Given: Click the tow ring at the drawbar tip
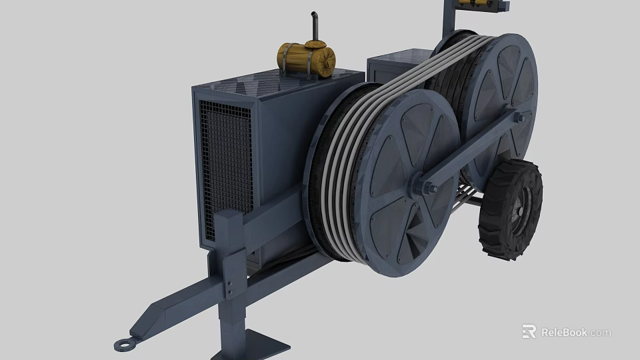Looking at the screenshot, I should pos(124,343).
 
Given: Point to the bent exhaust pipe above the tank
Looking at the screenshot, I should pos(312,27).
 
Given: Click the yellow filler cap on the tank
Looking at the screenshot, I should pos(311,44).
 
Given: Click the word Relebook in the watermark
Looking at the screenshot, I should pos(564,332).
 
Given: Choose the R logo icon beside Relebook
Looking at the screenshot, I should pos(529,332).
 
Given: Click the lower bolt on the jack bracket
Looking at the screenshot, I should pos(230,291).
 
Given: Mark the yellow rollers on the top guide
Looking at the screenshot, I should pos(477,4).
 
